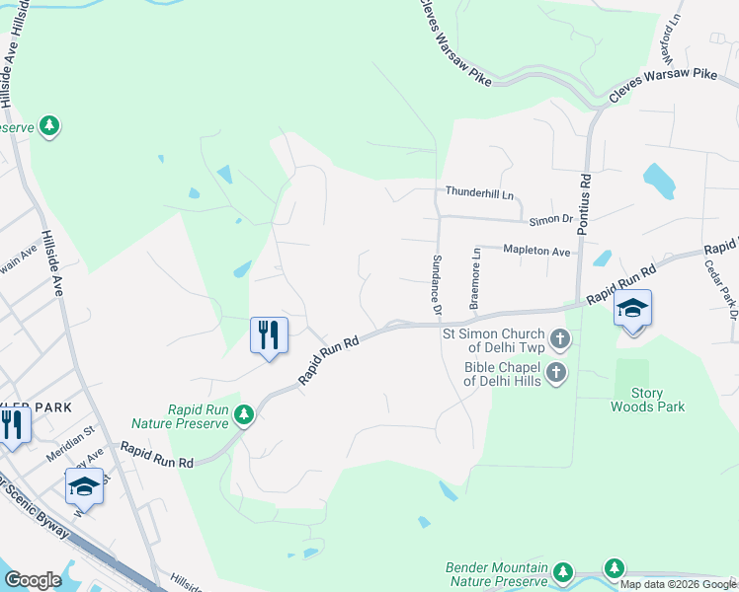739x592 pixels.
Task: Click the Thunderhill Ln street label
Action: (481, 192)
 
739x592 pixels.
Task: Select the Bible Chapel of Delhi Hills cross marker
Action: (556, 372)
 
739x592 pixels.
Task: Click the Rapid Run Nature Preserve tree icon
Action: (244, 417)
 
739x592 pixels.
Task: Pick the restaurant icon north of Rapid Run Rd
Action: (269, 335)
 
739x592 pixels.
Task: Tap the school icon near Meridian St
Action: (84, 486)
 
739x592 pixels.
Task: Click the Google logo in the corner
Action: (33, 580)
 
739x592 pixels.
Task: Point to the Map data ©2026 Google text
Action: (679, 584)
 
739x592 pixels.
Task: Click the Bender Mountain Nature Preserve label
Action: (497, 574)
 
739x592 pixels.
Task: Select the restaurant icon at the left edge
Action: (12, 425)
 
